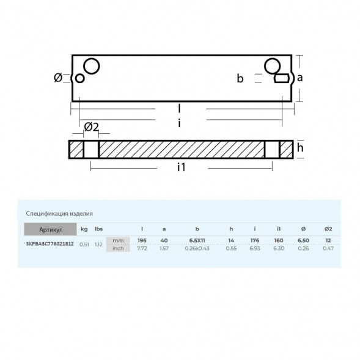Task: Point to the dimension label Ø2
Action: coord(92,127)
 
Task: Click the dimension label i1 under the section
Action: coord(181,167)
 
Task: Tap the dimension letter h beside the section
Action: coord(300,147)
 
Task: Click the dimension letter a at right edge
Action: coord(299,78)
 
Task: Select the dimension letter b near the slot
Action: coord(240,78)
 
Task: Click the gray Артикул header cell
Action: coord(50,229)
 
